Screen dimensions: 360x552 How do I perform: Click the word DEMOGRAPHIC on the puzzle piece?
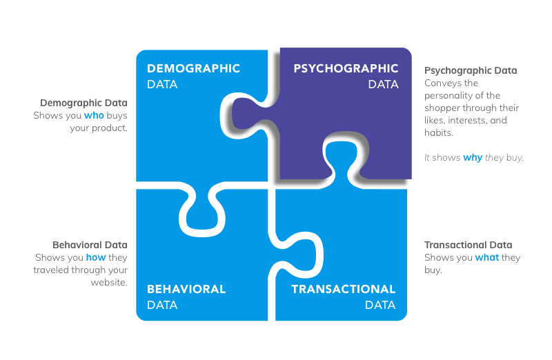(193, 69)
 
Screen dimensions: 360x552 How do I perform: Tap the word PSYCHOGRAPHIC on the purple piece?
(346, 69)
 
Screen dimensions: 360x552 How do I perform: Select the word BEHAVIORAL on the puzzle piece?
(186, 290)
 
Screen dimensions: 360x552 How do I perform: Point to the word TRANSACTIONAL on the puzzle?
(344, 290)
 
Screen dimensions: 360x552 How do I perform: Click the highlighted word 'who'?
(94, 115)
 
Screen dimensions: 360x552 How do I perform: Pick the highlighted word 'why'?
(473, 158)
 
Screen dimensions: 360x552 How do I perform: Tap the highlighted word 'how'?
(96, 258)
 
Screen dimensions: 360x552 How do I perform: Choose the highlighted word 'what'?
(486, 258)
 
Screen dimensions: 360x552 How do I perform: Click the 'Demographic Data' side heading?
(83, 103)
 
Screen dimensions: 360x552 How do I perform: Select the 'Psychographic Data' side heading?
(471, 70)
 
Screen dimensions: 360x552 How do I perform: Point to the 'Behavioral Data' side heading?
(90, 245)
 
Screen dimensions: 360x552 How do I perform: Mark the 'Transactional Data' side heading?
(468, 245)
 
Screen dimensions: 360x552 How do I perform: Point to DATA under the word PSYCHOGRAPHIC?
(383, 85)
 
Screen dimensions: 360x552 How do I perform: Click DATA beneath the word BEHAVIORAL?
(162, 305)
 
